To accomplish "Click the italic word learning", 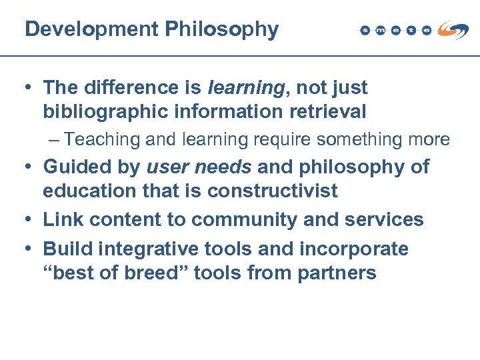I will (x=246, y=87).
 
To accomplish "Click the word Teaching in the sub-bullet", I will (x=103, y=139).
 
